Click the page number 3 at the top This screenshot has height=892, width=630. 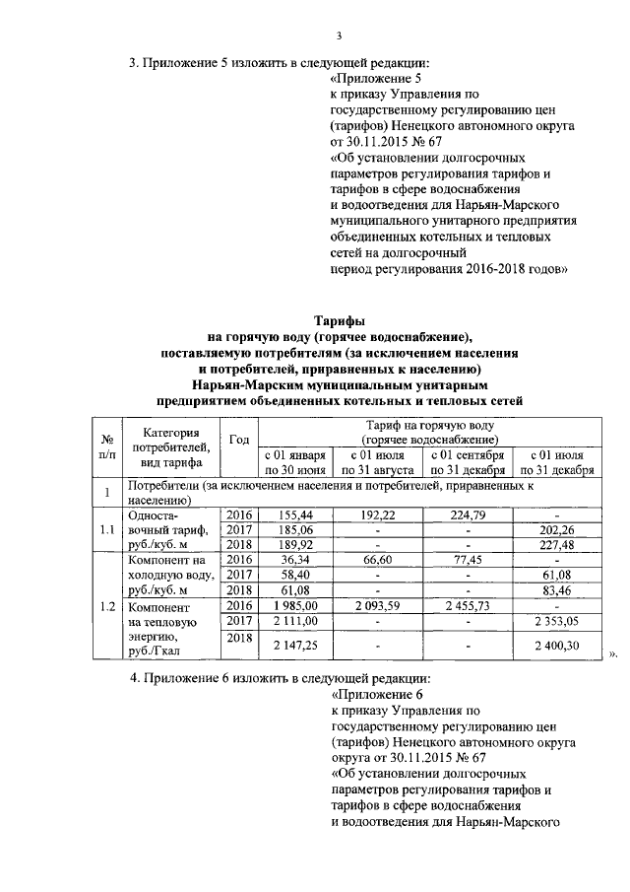pos(338,36)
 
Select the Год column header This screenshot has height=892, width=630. pos(238,440)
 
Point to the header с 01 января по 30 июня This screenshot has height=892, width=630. pos(294,463)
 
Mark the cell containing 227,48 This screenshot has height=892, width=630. pos(557,548)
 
